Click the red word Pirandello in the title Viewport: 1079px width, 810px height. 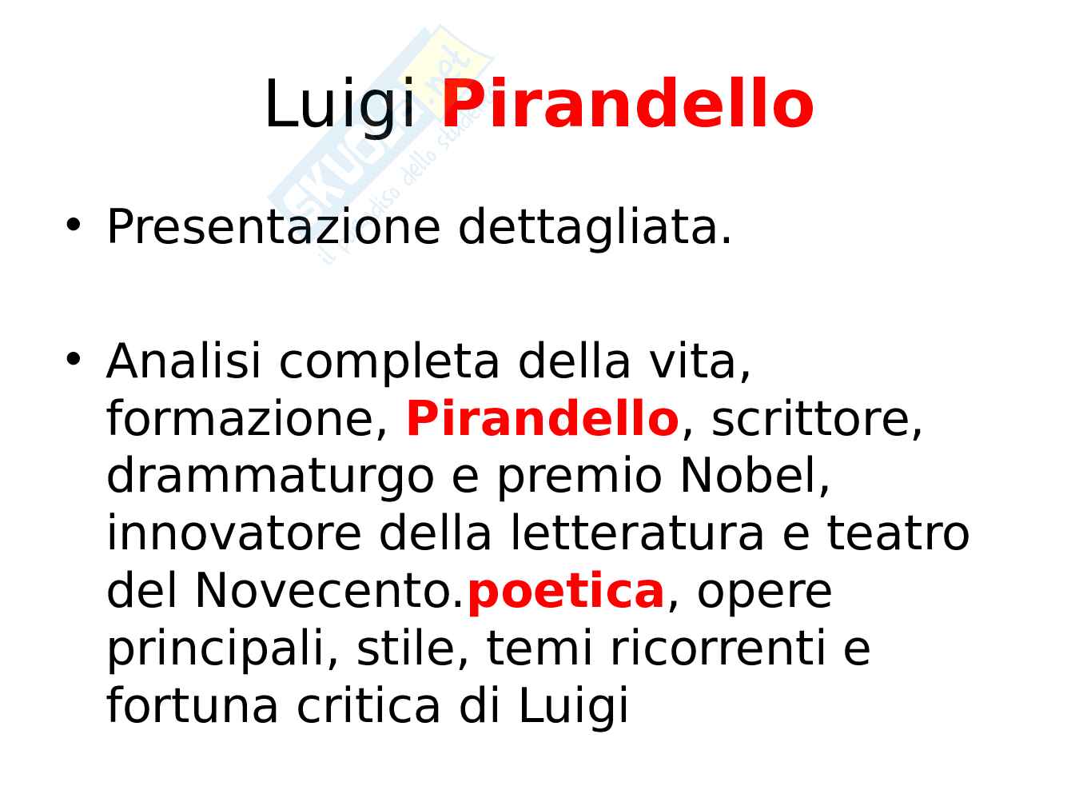coord(627,103)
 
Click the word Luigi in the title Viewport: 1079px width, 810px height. coord(340,107)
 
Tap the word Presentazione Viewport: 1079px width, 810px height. coord(273,226)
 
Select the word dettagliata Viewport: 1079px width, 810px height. coord(595,228)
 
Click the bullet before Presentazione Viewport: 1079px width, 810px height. coord(74,224)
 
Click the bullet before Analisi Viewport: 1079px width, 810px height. coord(74,358)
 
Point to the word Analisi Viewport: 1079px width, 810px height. coord(183,361)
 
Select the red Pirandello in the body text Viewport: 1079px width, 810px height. coord(542,418)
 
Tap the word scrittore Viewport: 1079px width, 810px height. coord(816,418)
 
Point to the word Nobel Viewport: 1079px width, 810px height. coord(755,475)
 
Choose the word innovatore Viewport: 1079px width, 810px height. coord(234,532)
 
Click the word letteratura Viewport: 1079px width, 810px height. coord(638,532)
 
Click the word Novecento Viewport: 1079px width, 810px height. coord(328,590)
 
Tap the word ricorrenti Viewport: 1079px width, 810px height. coord(717,648)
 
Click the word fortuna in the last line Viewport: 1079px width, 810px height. coord(192,706)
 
